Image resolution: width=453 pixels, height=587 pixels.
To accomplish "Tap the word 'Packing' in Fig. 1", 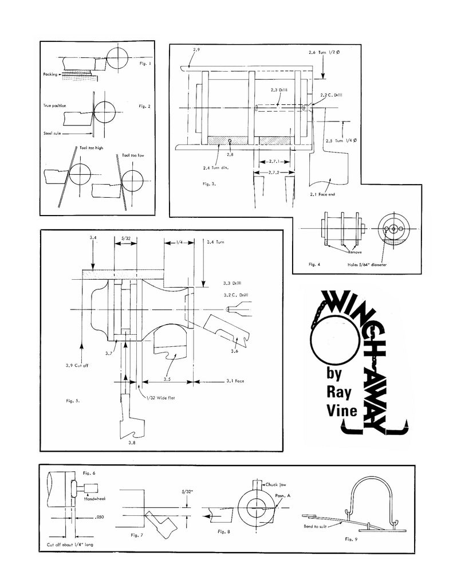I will tap(50, 75).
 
